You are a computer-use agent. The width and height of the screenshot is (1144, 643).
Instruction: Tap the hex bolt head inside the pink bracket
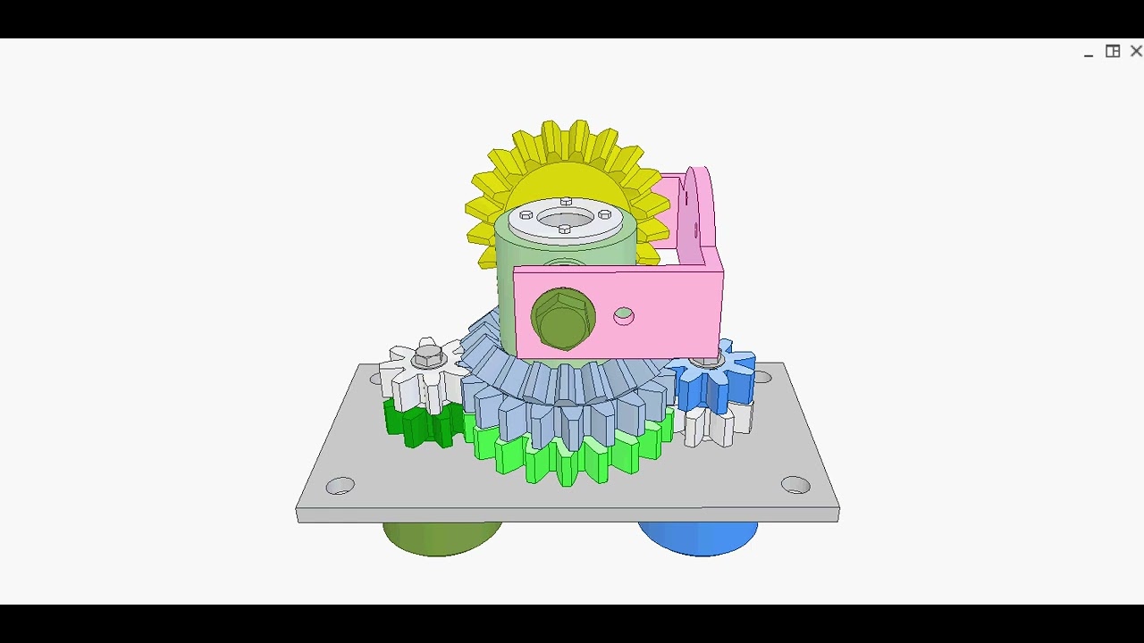(x=562, y=320)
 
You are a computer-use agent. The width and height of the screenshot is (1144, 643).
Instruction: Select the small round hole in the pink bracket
(x=624, y=316)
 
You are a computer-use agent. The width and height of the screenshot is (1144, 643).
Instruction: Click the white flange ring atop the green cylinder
(x=565, y=218)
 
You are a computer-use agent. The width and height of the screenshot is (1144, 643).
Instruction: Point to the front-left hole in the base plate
(x=341, y=486)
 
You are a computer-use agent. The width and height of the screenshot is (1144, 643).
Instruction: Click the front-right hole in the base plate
(x=795, y=485)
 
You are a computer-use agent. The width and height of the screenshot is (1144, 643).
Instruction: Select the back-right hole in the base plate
(x=762, y=377)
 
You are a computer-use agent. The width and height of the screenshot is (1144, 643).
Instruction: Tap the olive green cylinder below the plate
(x=442, y=538)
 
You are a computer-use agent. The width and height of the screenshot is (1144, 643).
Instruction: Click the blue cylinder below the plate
(x=698, y=538)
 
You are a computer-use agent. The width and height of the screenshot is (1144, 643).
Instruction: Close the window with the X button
(x=1136, y=52)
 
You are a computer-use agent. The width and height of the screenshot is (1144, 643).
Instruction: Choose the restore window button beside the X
(x=1113, y=52)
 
